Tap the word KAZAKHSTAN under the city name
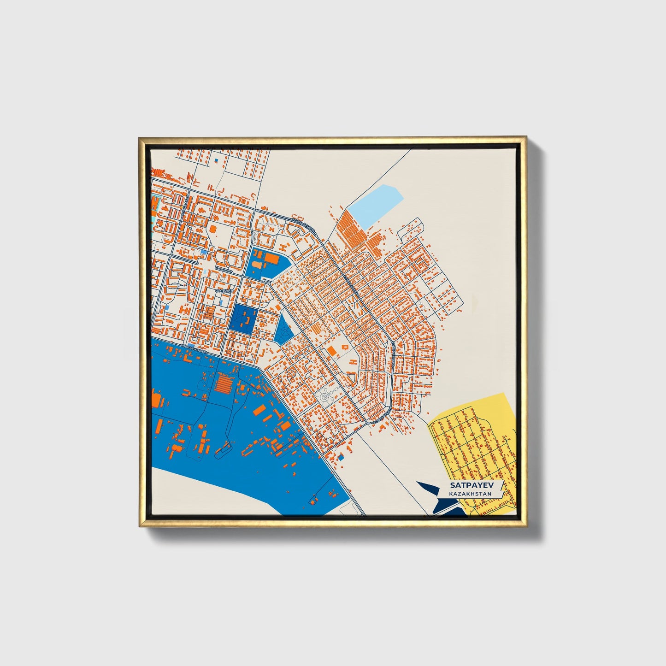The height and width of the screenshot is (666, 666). pos(470,494)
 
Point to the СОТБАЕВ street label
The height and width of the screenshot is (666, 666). pos(224,291)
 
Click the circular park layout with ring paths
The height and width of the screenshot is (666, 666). pos(327,395)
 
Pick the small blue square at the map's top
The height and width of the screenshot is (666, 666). pos(215,160)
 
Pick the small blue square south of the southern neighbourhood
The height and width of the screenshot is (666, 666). pos(341,457)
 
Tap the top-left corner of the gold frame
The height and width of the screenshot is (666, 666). pos(140,138)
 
